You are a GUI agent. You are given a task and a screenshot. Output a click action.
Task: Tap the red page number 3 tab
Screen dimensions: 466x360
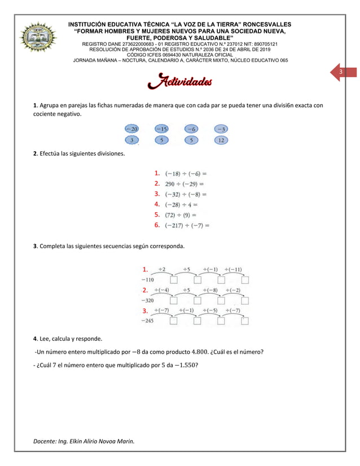click(341, 73)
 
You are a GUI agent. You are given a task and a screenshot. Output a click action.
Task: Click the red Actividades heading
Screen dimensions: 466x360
click(179, 83)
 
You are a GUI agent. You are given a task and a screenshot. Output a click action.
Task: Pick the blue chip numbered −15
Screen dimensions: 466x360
click(161, 129)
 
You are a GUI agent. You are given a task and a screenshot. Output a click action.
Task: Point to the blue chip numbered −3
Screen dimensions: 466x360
click(221, 129)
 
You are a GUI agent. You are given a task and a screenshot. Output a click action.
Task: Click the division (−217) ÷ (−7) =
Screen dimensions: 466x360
click(187, 226)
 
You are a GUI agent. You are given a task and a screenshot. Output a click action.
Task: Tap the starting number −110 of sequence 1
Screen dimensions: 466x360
click(147, 279)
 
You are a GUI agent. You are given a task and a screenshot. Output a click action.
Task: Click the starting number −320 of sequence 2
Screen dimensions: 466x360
click(147, 300)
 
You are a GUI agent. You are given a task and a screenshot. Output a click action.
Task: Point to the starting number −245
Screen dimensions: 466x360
click(147, 320)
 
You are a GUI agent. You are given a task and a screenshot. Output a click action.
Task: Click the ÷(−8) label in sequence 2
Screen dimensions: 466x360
click(209, 290)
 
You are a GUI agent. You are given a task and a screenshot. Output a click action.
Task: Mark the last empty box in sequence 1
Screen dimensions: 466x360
click(244, 279)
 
